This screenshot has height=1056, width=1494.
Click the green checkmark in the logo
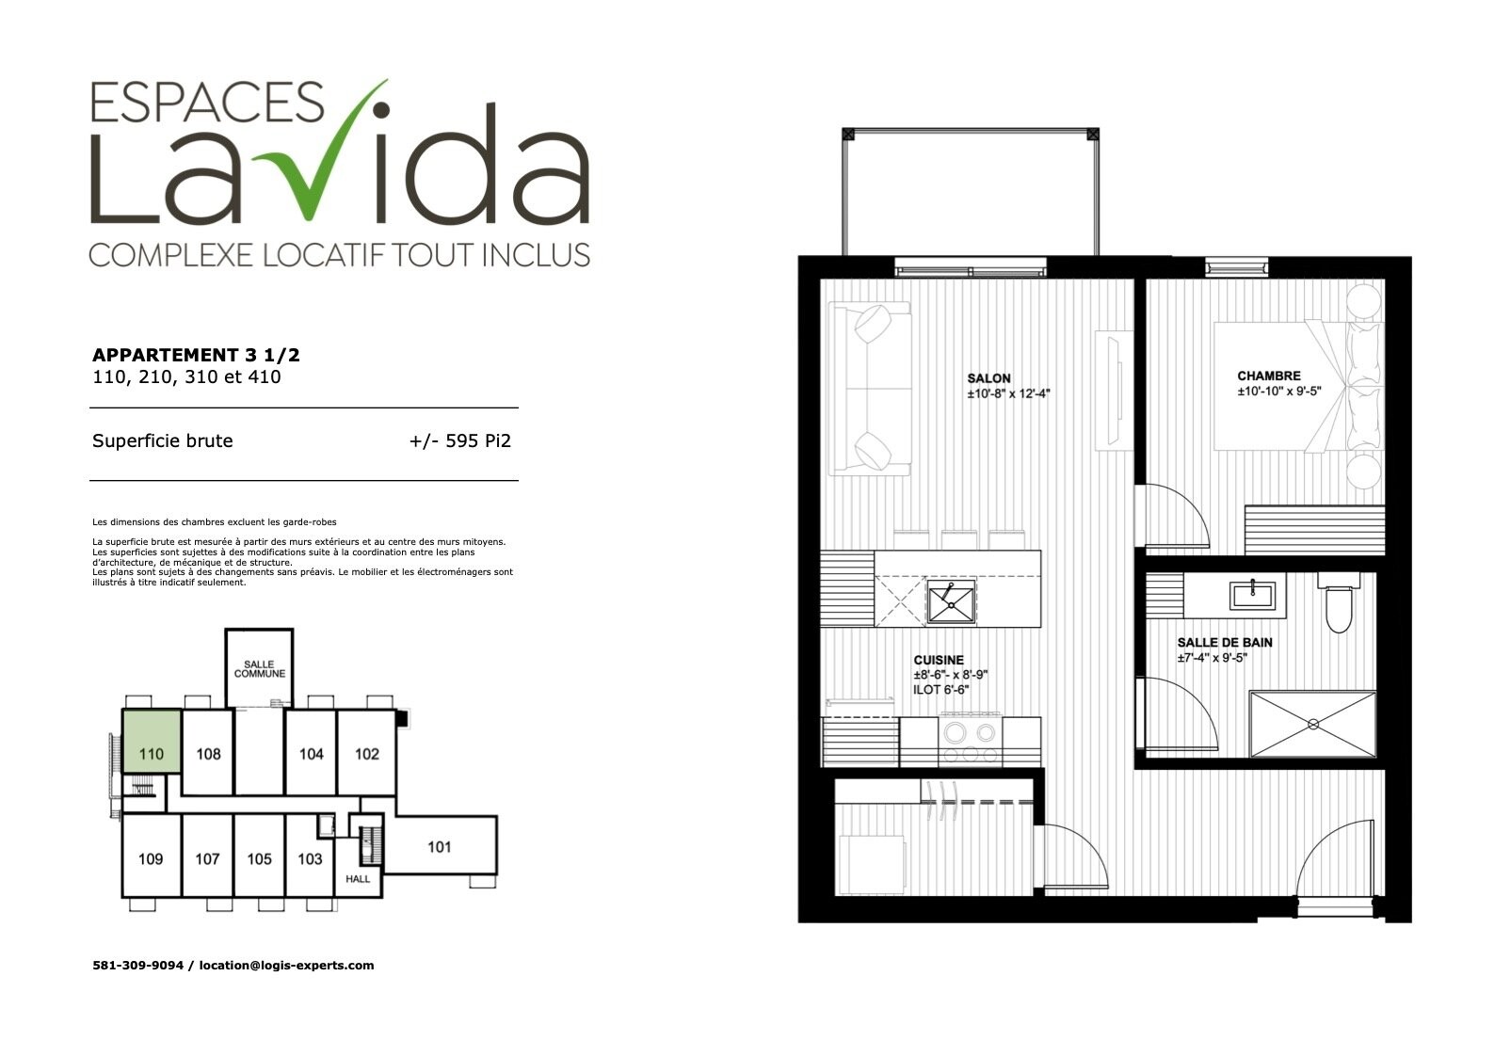pyautogui.click(x=313, y=180)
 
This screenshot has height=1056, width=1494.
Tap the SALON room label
pyautogui.click(x=989, y=378)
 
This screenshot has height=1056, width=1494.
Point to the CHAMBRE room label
pyautogui.click(x=1269, y=376)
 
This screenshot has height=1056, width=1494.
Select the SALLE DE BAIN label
pyautogui.click(x=1225, y=643)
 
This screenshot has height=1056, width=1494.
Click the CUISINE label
pyautogui.click(x=939, y=660)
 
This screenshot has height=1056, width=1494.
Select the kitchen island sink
pyautogui.click(x=951, y=600)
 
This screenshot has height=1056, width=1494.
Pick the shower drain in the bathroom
pyautogui.click(x=1312, y=724)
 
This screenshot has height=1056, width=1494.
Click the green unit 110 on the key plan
pyautogui.click(x=152, y=742)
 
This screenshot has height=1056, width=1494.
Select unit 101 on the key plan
pyautogui.click(x=440, y=847)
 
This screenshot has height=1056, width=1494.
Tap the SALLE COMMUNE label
pyautogui.click(x=260, y=668)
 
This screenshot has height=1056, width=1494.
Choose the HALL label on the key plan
pyautogui.click(x=358, y=879)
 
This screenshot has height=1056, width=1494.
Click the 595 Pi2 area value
pyautogui.click(x=478, y=440)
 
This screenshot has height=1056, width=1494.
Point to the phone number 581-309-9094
pyautogui.click(x=138, y=966)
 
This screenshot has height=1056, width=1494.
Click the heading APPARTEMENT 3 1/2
pyautogui.click(x=196, y=355)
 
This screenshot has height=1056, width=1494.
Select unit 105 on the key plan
pyautogui.click(x=260, y=858)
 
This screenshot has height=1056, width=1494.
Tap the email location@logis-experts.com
pyautogui.click(x=287, y=966)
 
